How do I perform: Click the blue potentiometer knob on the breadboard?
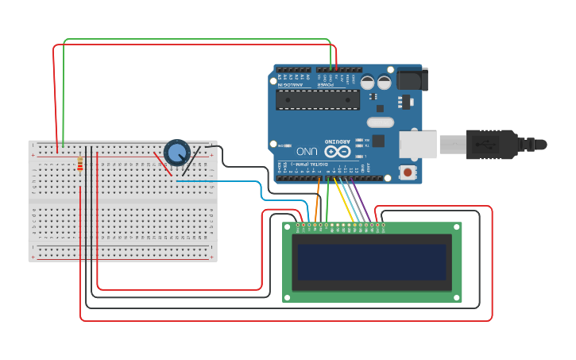click(176, 151)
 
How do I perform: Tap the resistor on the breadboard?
click(80, 164)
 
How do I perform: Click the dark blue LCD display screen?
click(372, 261)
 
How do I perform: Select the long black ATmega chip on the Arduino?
click(317, 99)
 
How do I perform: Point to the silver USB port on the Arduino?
click(417, 145)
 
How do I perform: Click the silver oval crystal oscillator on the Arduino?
click(381, 122)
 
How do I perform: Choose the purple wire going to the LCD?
click(361, 199)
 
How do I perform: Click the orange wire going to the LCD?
click(317, 200)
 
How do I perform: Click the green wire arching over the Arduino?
click(199, 39)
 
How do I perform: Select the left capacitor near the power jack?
click(368, 82)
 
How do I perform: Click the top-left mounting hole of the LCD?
click(288, 227)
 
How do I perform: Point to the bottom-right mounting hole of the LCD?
click(457, 297)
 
